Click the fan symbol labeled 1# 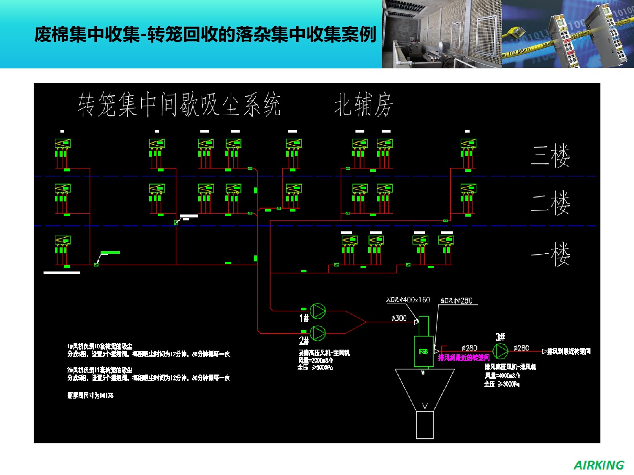(x=318, y=311)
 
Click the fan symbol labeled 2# (x=318, y=333)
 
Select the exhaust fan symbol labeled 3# (x=500, y=351)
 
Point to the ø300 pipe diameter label (x=399, y=318)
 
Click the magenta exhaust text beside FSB (x=464, y=358)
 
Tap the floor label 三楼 (x=551, y=156)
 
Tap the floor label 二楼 (x=551, y=203)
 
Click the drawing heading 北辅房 (x=363, y=104)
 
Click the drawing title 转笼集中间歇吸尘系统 (x=179, y=104)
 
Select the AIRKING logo (x=598, y=465)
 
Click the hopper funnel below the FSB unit (x=424, y=388)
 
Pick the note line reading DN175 (x=90, y=396)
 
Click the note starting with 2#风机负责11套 (x=100, y=370)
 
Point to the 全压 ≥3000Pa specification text (x=502, y=384)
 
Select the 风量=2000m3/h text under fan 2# (x=316, y=361)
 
